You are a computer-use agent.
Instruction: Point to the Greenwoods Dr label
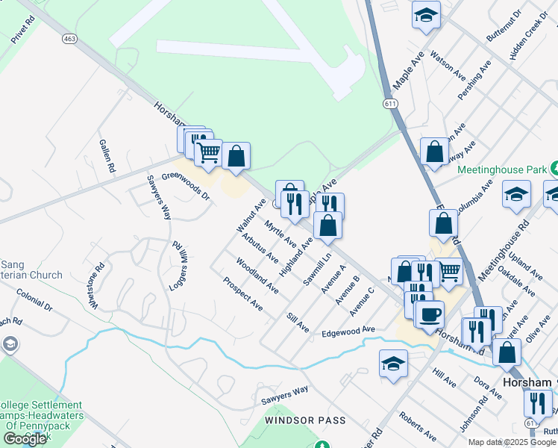pos(186,188)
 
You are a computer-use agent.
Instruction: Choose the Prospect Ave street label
pos(242,294)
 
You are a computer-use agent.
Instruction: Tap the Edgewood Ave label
pos(348,331)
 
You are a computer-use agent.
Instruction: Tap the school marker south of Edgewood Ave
pos(393,364)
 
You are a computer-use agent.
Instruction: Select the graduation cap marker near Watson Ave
pos(426,15)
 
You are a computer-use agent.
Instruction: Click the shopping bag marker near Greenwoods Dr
pos(236,156)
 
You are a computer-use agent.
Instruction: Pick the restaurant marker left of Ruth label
pos(536,402)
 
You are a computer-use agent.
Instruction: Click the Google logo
pos(25,439)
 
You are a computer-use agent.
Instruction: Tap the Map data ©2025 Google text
pos(512,442)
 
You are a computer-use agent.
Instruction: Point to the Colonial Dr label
pos(34,301)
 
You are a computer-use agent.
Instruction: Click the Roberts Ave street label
pos(418,426)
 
